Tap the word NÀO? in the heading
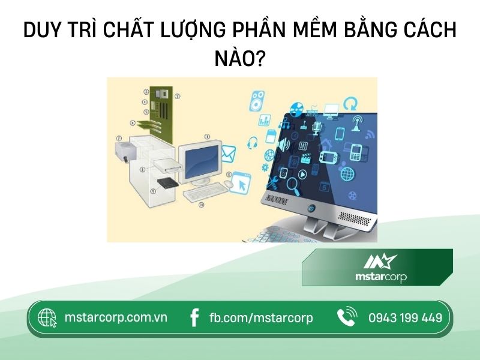[240, 58]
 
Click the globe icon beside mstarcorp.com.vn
[47, 318]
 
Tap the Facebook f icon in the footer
[194, 318]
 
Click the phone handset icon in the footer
[347, 317]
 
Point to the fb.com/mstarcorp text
[261, 318]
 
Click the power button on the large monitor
[311, 209]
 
